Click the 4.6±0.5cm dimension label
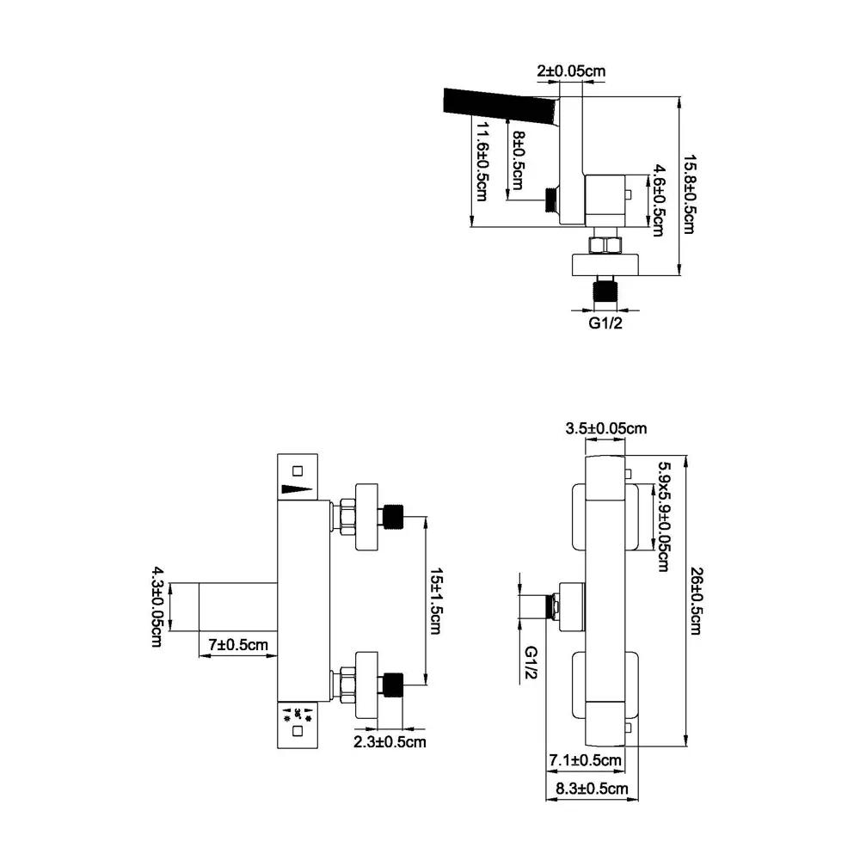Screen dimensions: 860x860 (x=658, y=200)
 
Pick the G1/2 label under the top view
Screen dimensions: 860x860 (x=605, y=323)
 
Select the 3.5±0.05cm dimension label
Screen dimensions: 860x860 (x=606, y=427)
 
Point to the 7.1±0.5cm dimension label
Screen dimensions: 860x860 (x=585, y=760)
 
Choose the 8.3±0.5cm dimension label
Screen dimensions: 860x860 (x=592, y=788)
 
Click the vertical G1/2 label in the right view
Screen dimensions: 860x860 (x=531, y=665)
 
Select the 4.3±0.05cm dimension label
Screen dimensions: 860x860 (x=157, y=607)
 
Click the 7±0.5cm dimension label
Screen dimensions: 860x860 (x=238, y=644)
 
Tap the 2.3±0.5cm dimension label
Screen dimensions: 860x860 (x=390, y=741)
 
